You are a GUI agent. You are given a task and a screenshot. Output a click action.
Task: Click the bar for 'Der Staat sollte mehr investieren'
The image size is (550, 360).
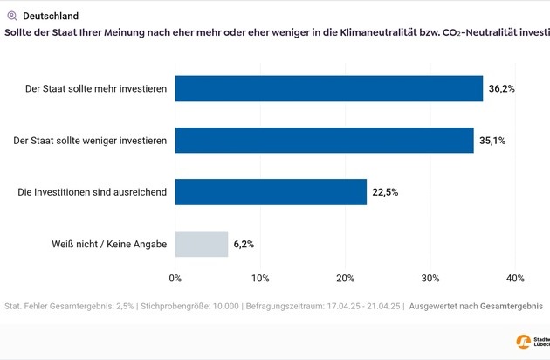tap(328, 88)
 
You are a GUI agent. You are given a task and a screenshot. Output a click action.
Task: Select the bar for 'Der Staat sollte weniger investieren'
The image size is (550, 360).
tap(324, 140)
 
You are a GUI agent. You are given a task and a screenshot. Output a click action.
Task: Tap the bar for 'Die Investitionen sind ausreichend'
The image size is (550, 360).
tap(271, 191)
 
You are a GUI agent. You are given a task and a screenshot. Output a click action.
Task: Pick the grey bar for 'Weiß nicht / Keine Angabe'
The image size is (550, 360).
tap(202, 244)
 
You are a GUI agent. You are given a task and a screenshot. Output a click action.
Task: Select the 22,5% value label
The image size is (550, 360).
tap(385, 192)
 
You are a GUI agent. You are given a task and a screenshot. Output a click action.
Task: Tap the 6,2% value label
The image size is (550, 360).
tap(244, 245)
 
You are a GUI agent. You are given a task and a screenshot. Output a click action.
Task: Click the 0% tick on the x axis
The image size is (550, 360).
tap(175, 278)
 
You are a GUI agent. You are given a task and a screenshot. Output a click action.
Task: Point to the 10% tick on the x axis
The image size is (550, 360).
tap(260, 278)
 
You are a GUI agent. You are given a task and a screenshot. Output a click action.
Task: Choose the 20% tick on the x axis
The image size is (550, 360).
tap(345, 278)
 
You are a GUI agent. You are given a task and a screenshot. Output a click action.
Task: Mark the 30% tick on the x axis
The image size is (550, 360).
tap(430, 278)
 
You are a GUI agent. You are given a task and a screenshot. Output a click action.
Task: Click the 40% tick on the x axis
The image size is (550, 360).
tap(514, 278)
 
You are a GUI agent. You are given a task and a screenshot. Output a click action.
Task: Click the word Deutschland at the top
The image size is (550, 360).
tap(50, 16)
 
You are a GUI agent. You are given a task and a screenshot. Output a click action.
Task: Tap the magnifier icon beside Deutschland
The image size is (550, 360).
tap(11, 16)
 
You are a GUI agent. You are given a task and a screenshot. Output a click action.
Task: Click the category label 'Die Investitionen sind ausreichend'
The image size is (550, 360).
tap(93, 192)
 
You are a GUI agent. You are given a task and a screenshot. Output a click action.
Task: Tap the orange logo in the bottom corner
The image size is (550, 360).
tap(524, 342)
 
